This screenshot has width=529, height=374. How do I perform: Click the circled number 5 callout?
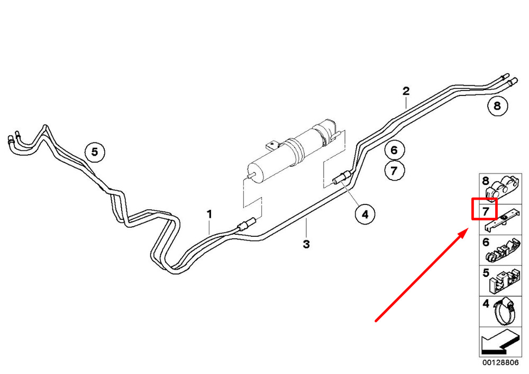coord(95,152)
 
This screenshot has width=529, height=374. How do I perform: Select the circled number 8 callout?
coord(497,106)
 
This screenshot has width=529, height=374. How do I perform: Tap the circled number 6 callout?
coord(395,150)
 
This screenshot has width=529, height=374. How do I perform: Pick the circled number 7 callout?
coord(395,171)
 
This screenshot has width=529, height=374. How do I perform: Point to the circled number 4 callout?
coord(365,214)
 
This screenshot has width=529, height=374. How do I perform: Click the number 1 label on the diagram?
coord(209,214)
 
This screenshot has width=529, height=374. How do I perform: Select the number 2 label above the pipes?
coord(406,91)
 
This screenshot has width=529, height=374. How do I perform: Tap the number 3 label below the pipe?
coord(306,244)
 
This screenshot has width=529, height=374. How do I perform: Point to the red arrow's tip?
coord(468,229)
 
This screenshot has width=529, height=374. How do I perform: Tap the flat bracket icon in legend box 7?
coord(502,220)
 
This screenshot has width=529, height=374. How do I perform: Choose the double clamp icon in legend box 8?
coord(503,188)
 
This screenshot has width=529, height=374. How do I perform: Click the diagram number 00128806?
coord(500,362)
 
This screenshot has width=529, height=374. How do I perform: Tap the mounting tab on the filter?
coord(272,145)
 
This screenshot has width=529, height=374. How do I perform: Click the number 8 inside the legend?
coord(486,181)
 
